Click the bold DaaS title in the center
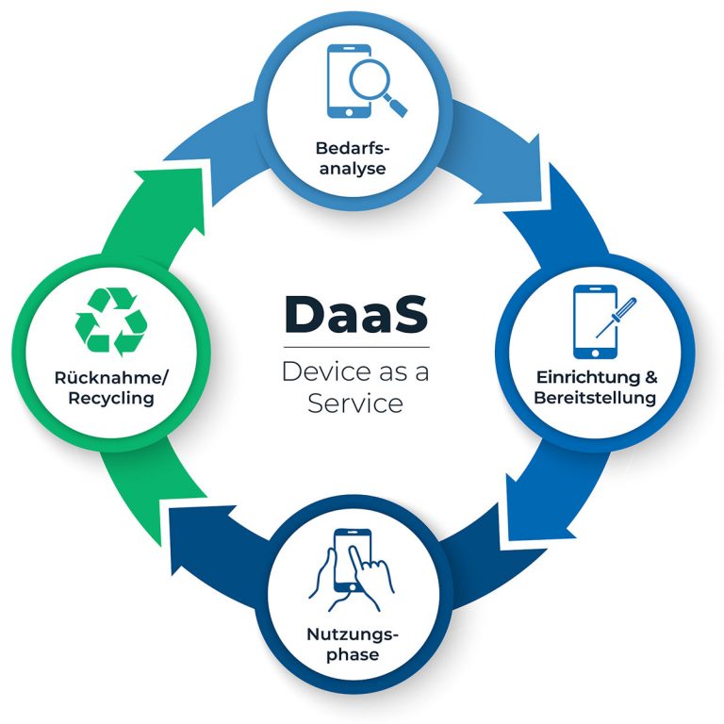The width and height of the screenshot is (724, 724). click(356, 314)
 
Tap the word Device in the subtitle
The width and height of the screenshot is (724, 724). click(326, 371)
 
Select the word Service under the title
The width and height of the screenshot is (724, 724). click(355, 403)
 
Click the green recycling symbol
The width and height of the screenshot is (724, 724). click(111, 321)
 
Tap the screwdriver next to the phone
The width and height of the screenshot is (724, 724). click(616, 318)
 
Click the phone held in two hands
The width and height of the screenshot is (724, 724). click(353, 561)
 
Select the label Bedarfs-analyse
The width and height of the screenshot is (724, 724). click(353, 158)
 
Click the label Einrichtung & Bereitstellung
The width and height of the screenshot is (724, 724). click(596, 387)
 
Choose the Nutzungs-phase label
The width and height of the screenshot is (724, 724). click(353, 644)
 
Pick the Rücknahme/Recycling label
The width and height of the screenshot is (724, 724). click(111, 387)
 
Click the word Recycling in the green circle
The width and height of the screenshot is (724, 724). click(111, 398)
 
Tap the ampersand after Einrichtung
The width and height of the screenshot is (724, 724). click(651, 377)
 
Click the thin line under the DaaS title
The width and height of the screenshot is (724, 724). click(356, 347)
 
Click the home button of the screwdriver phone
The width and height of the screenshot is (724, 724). click(595, 354)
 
